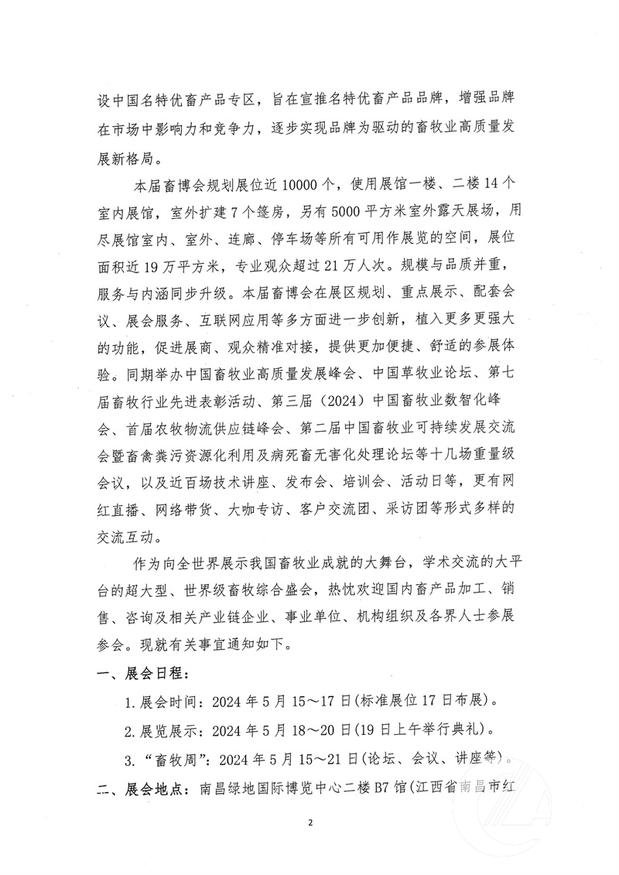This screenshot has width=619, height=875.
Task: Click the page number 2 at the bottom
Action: pos(309,843)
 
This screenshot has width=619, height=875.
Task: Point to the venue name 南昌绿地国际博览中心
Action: pos(269,788)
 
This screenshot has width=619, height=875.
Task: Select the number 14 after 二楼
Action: pos(488,186)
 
